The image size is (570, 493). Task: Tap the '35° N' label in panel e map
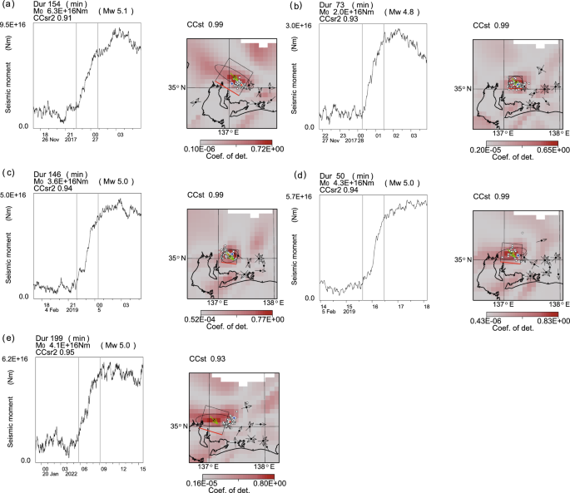point(181,426)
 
